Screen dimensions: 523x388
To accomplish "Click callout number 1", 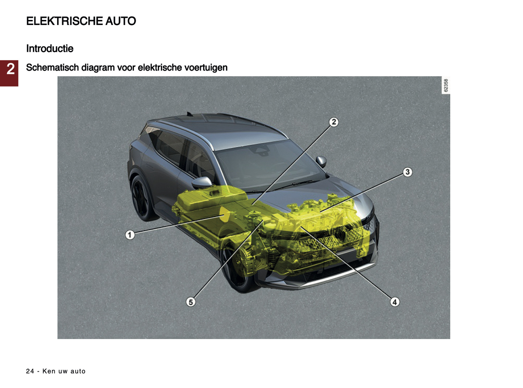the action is pyautogui.click(x=130, y=235).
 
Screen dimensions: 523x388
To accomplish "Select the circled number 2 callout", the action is pyautogui.click(x=334, y=122).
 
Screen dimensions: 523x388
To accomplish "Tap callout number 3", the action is pyautogui.click(x=407, y=172).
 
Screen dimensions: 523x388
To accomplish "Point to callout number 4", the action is pyautogui.click(x=395, y=302).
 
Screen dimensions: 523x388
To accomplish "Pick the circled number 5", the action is pyautogui.click(x=190, y=302).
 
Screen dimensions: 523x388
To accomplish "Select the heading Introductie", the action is pyautogui.click(x=50, y=49).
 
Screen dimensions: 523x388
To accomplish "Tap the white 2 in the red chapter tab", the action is pyautogui.click(x=10, y=69).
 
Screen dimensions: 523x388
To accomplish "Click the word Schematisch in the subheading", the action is pyautogui.click(x=52, y=67).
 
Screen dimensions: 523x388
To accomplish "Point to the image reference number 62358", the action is pyautogui.click(x=446, y=85).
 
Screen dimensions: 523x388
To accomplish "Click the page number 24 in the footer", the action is pyautogui.click(x=30, y=371).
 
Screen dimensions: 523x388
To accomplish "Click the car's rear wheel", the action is pyautogui.click(x=141, y=198).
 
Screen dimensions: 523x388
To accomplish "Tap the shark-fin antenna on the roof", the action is pyautogui.click(x=189, y=114).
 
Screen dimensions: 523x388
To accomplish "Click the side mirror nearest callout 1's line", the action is pyautogui.click(x=202, y=182).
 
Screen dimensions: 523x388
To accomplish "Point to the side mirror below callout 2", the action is pyautogui.click(x=321, y=162).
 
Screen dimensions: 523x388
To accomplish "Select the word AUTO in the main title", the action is pyautogui.click(x=121, y=21).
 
